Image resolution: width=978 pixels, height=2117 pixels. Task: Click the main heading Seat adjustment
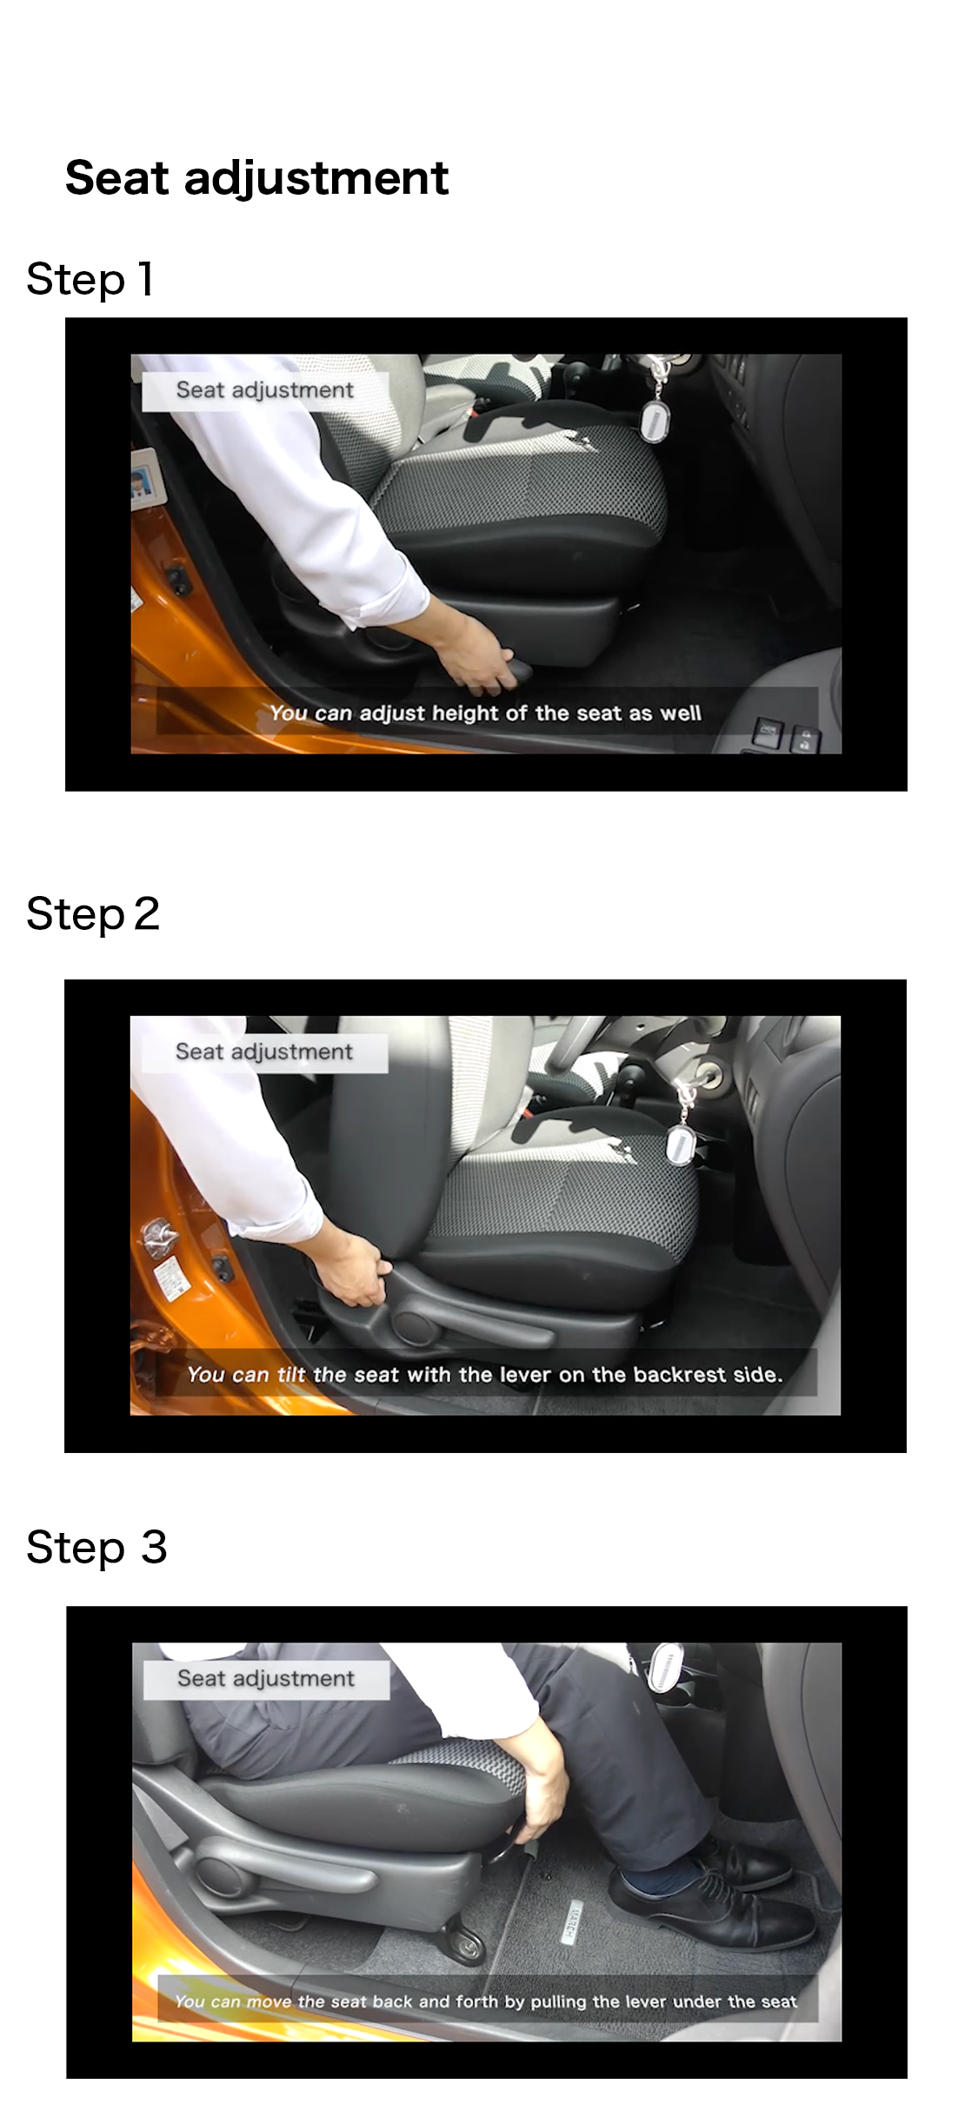256,179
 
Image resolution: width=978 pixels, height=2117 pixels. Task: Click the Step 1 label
90,280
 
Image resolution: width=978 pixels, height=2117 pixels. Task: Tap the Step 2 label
93,914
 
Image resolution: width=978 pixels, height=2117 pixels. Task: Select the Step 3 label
96,1548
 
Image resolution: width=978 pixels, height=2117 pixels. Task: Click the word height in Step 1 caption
466,713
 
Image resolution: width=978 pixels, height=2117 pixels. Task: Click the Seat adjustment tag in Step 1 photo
264,391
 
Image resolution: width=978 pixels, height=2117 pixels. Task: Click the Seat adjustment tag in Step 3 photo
266,1679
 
